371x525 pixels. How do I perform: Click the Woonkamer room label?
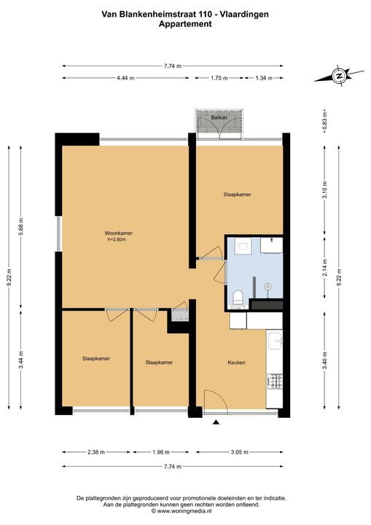119,233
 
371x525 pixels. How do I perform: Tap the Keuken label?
237,362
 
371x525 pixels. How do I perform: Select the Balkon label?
219,117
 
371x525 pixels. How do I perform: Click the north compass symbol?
340,76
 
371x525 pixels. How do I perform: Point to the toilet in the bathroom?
238,297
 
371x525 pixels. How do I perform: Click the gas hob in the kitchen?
276,381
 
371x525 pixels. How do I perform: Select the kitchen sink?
276,341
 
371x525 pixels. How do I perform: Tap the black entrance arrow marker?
216,422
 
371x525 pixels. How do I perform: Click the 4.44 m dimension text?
125,78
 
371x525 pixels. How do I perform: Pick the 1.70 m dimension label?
219,78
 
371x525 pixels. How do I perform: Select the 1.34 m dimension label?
264,78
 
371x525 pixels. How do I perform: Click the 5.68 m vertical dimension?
21,227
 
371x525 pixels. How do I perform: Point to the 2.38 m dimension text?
96,452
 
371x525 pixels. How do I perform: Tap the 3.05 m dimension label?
239,452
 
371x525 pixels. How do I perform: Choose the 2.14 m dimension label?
324,268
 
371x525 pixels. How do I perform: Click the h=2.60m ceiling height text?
117,239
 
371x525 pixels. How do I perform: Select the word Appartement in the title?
185,24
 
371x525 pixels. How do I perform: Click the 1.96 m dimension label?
161,452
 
